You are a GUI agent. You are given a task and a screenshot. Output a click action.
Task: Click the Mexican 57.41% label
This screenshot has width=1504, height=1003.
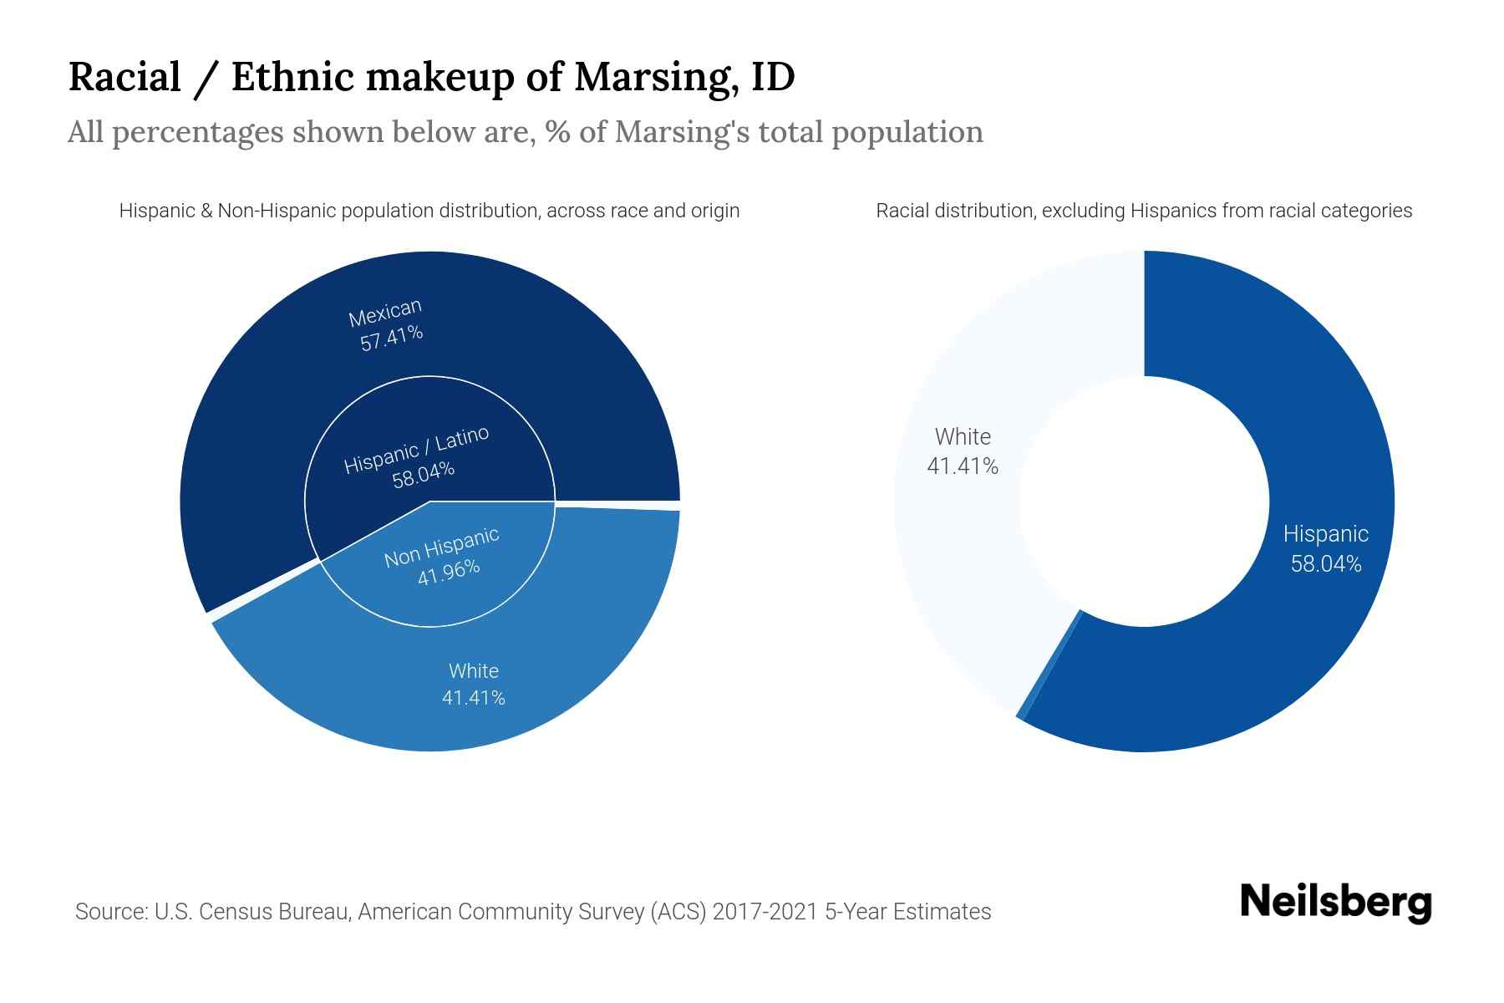pos(387,325)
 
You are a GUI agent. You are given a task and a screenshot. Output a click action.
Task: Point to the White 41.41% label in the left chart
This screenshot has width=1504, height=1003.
pos(474,684)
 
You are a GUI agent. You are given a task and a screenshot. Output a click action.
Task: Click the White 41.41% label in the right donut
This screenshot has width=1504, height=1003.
pos(963,451)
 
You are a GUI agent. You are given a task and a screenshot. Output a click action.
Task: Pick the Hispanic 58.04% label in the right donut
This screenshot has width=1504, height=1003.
pos(1325,548)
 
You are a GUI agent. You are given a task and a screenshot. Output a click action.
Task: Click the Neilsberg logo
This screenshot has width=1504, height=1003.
pos(1335,903)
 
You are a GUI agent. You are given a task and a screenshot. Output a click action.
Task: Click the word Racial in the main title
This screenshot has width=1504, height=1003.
pos(124,77)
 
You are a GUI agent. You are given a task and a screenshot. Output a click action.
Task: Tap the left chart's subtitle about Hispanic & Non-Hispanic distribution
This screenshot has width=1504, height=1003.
pos(429,211)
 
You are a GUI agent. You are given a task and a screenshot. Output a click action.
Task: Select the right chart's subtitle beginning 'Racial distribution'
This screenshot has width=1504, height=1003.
pos(1144,211)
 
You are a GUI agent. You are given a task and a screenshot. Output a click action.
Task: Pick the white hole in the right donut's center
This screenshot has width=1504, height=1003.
pos(1144,501)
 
